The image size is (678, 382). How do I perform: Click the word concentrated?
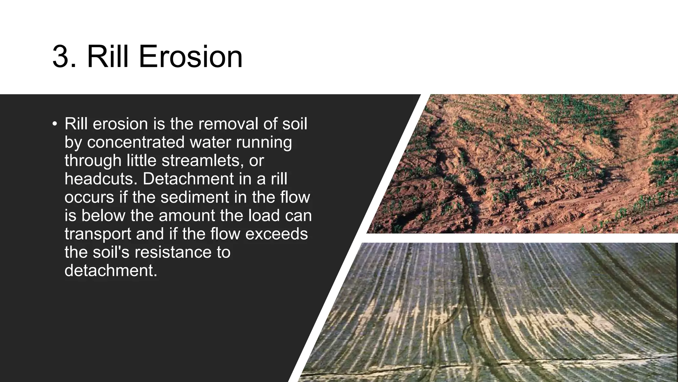tap(136, 142)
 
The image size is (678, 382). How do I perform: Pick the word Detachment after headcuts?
tap(188, 179)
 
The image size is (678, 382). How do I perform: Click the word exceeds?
tap(276, 234)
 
